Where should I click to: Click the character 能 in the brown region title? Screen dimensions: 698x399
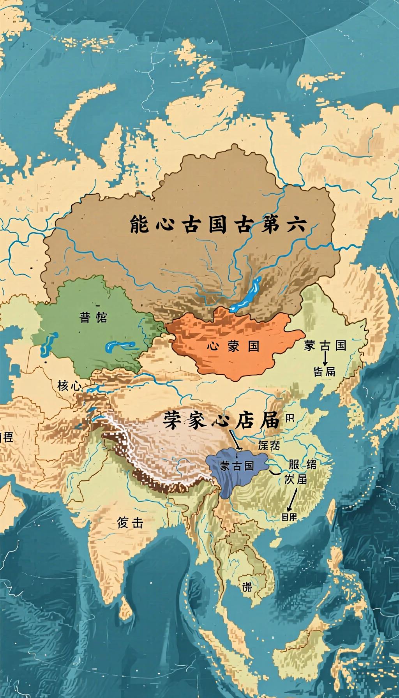coord(139,224)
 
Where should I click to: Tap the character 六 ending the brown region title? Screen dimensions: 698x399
coord(296,224)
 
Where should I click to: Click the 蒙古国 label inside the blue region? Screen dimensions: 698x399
coord(237,466)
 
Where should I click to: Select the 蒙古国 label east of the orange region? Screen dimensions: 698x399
coord(325,345)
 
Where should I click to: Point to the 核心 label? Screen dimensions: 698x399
coord(69,386)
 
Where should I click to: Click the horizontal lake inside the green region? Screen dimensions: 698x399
coord(120,345)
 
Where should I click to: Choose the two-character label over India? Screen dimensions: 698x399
coord(130,523)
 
